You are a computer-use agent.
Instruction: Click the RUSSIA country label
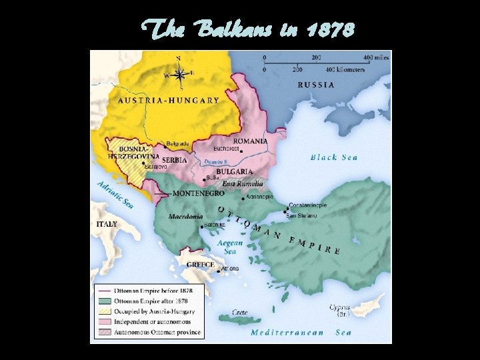point(316,85)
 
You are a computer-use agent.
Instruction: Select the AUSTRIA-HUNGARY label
point(169,101)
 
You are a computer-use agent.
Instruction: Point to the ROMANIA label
point(250,141)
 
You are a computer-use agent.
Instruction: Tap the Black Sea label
point(334,158)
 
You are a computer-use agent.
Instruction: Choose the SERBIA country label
point(174,161)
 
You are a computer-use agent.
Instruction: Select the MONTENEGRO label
point(198,193)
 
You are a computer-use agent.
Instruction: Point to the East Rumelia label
point(243,183)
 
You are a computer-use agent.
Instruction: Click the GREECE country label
point(200,265)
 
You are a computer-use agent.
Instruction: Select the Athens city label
point(230,269)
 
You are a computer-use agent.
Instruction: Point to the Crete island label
point(240,312)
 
